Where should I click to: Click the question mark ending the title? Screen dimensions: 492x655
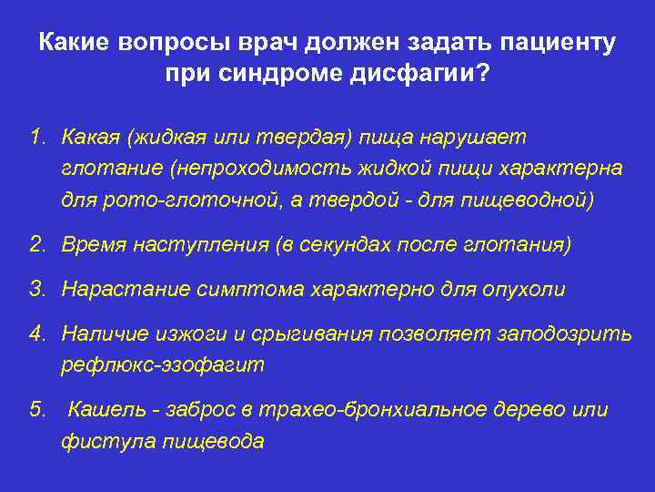point(482,74)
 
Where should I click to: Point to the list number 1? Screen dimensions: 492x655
point(35,138)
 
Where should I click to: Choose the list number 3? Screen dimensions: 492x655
point(35,290)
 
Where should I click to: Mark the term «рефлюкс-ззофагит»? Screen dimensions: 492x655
point(162,365)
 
